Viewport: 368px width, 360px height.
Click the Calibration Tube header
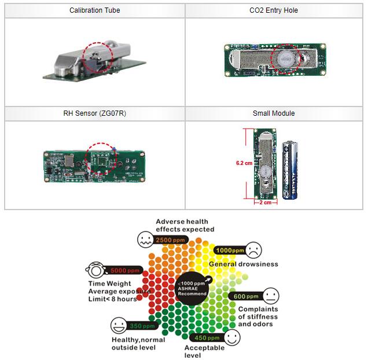pyautogui.click(x=94, y=10)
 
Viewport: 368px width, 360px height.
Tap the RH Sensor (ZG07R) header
pyautogui.click(x=94, y=113)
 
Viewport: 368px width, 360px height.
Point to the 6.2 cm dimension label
pyautogui.click(x=244, y=163)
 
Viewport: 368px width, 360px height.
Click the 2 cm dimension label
pyautogui.click(x=265, y=203)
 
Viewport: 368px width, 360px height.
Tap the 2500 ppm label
pyautogui.click(x=170, y=240)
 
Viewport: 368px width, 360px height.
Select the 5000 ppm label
pyautogui.click(x=126, y=270)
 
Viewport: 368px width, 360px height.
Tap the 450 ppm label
pyautogui.click(x=207, y=337)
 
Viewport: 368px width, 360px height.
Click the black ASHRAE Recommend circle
pyautogui.click(x=192, y=287)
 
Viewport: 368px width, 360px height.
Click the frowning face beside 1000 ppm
pyautogui.click(x=253, y=251)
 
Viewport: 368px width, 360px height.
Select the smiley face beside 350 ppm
pyautogui.click(x=119, y=325)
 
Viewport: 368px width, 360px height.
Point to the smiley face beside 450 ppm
pyautogui.click(x=231, y=338)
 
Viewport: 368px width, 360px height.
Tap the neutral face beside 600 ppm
pyautogui.click(x=270, y=296)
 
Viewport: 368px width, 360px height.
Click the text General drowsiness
pyautogui.click(x=244, y=264)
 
